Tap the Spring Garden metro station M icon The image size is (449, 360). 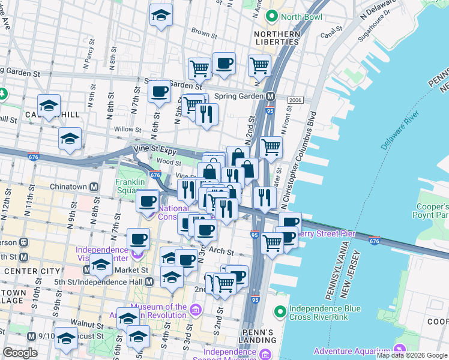point(271,96)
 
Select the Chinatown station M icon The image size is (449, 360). point(94,187)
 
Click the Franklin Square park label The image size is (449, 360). point(130,186)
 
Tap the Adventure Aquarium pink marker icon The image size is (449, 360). point(400,349)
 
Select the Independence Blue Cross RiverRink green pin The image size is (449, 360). point(279,311)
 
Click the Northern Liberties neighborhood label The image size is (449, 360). point(277,38)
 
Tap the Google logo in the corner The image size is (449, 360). point(20,352)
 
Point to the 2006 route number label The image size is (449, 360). point(295,100)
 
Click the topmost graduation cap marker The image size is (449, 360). point(161,15)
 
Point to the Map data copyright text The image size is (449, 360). point(412,355)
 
